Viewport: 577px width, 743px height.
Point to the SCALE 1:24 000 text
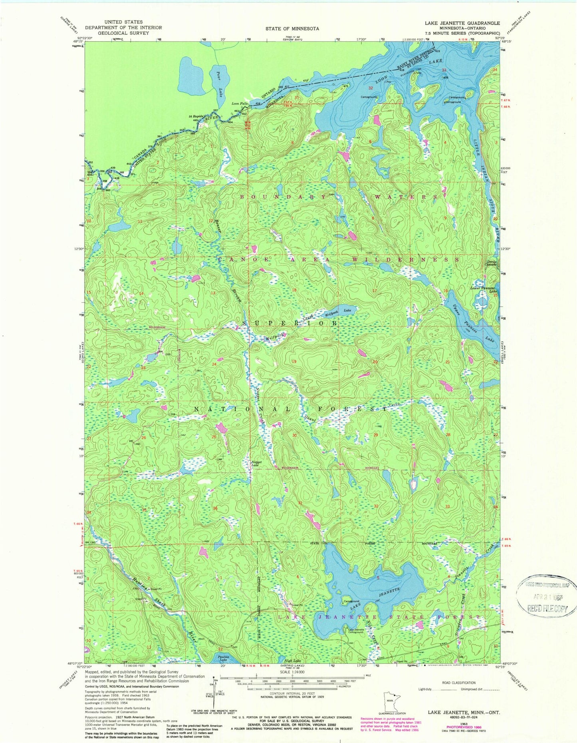point(293,672)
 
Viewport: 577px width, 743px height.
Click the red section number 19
point(294,361)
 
